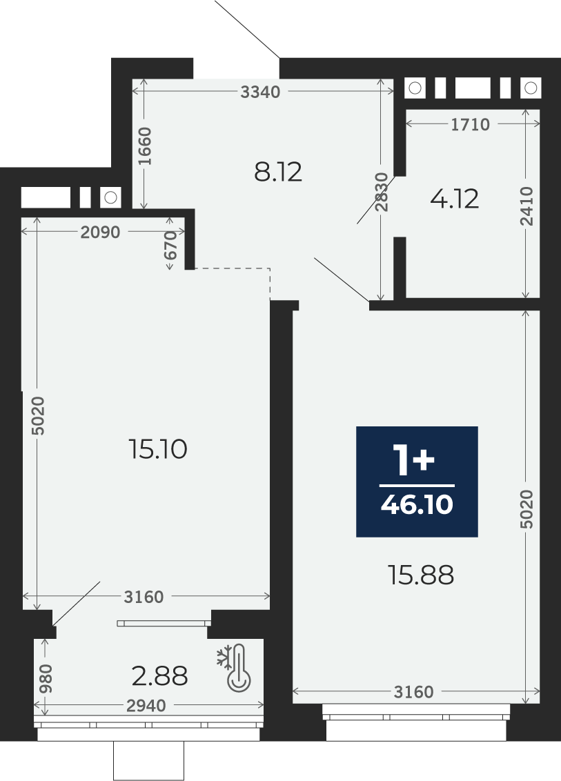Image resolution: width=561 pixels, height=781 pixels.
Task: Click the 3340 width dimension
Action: point(260,92)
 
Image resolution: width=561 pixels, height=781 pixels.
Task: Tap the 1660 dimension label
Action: point(144,146)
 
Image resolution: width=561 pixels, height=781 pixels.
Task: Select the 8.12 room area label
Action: point(278,172)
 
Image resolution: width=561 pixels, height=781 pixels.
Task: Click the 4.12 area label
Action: point(454,199)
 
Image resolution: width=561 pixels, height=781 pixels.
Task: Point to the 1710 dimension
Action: point(471,124)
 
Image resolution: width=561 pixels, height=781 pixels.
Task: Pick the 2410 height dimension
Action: point(526,206)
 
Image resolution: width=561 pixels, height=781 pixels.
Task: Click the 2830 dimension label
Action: point(382,192)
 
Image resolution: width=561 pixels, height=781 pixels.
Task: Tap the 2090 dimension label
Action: point(100,232)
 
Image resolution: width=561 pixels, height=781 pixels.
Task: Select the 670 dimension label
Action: point(170,245)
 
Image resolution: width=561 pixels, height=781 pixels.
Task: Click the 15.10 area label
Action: point(157,449)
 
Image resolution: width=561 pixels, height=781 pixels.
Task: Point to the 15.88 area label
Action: point(421,575)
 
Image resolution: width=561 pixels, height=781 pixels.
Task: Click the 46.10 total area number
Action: point(417,504)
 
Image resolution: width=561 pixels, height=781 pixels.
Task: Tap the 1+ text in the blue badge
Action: point(413,461)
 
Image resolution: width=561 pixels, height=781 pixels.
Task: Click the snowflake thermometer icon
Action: point(235,667)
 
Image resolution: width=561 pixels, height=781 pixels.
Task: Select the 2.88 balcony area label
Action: point(160,676)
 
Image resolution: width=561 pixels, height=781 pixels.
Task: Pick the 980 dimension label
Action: point(46,678)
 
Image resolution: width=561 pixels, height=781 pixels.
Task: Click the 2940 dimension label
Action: point(146,705)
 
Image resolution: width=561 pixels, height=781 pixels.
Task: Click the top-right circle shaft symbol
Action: point(531,88)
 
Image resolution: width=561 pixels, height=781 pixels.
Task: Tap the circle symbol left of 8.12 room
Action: point(110,197)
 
